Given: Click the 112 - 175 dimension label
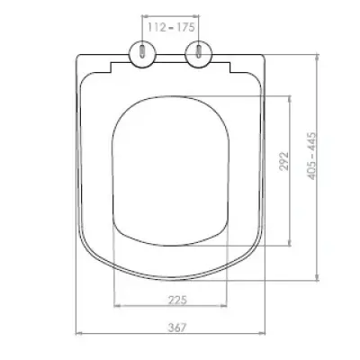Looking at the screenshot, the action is pyautogui.click(x=171, y=27).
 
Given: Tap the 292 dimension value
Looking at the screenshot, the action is pyautogui.click(x=283, y=161).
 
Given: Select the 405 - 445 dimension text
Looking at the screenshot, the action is pyautogui.click(x=312, y=156).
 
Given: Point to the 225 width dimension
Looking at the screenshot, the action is pyautogui.click(x=177, y=300).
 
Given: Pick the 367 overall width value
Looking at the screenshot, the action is pyautogui.click(x=177, y=328).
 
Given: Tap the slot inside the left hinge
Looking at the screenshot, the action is pyautogui.click(x=142, y=51).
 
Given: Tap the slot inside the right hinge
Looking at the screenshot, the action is pyautogui.click(x=199, y=51).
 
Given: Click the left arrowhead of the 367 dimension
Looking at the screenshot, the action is pyautogui.click(x=78, y=333).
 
